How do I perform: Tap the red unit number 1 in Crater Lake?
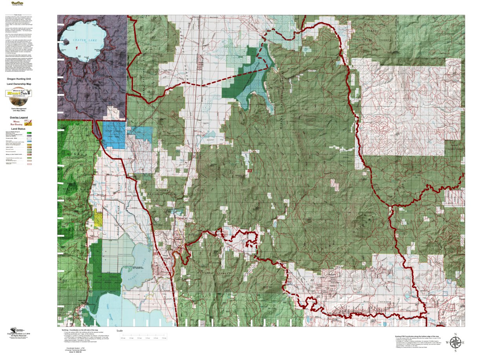pyautogui.click(x=77, y=48)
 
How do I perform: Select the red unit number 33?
pyautogui.click(x=250, y=171)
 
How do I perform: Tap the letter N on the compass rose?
pyautogui.click(x=455, y=334)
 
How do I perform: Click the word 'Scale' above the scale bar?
pyautogui.click(x=120, y=331)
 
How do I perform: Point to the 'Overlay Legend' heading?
pyautogui.click(x=19, y=117)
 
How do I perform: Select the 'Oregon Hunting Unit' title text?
pyautogui.click(x=19, y=79)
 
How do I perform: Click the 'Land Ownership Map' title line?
pyautogui.click(x=19, y=84)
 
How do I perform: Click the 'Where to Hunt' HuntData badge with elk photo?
pyautogui.click(x=18, y=93)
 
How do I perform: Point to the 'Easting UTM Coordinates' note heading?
pyautogui.click(x=417, y=336)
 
